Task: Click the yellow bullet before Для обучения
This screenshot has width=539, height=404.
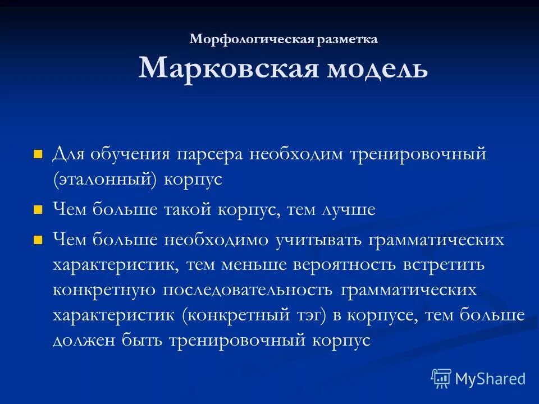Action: tap(38, 154)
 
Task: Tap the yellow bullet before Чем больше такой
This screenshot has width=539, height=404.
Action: tap(38, 210)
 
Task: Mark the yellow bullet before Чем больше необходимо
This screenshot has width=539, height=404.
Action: tap(38, 240)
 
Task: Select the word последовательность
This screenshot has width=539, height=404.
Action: tap(248, 290)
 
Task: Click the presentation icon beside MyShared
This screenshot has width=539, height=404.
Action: tap(441, 379)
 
